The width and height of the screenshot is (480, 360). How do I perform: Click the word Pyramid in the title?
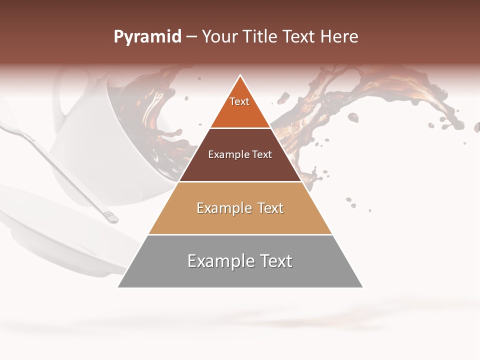pos(147,37)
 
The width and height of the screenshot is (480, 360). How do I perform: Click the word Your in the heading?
pos(219,37)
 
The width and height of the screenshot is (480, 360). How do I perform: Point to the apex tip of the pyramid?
pos(240,76)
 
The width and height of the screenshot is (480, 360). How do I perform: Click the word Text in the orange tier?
pos(239,101)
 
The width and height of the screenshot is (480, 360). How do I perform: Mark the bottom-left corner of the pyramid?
pos(118,287)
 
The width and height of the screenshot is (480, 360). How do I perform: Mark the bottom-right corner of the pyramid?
pos(362,287)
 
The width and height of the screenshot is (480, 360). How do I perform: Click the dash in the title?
pos(191,37)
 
